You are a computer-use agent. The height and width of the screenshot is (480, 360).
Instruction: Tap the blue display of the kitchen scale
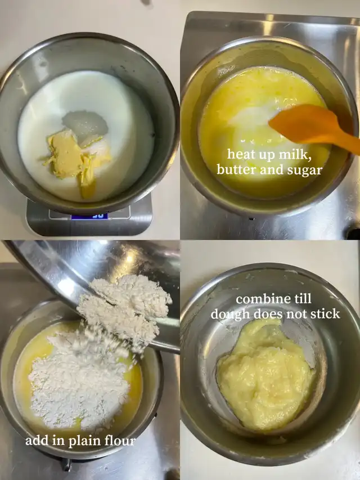pyautogui.click(x=89, y=216)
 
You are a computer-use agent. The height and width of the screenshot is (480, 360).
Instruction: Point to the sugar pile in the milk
pyautogui.click(x=85, y=124)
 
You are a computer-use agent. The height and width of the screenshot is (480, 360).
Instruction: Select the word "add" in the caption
pyautogui.click(x=36, y=441)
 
